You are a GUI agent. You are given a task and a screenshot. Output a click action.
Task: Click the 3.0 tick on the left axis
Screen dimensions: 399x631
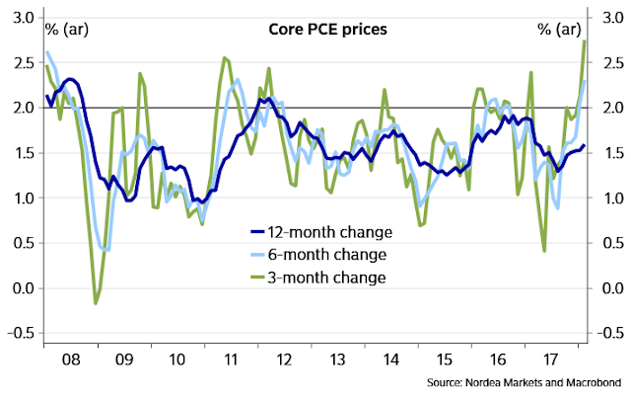[21, 17]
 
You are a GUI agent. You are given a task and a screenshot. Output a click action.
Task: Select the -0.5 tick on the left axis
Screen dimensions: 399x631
[17, 333]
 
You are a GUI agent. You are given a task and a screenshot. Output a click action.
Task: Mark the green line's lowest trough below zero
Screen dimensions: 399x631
[96, 303]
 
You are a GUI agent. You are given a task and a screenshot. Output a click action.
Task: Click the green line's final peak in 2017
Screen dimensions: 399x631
[586, 40]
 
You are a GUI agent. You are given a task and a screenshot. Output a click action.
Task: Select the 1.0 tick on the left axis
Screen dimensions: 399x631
[21, 198]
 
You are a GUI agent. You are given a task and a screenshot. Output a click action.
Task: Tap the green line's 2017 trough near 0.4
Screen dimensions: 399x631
[544, 251]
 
